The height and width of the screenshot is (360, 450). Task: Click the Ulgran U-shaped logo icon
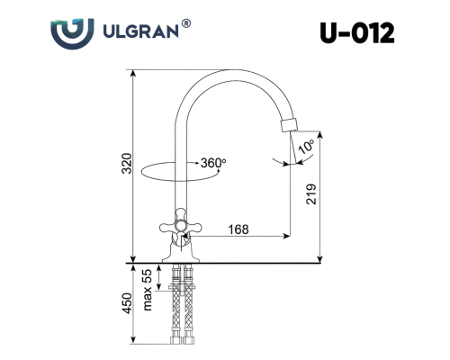coord(72,33)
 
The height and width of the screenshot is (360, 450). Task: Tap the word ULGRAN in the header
coord(140,31)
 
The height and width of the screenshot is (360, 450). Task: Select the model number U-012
coord(356,33)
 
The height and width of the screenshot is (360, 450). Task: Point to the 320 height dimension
coord(128,163)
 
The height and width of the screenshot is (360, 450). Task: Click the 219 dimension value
coord(311,194)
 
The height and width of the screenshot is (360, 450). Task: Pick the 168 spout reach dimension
coord(238,229)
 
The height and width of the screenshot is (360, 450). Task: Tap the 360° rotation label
coord(213,163)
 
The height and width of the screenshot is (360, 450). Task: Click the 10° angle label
coord(306,147)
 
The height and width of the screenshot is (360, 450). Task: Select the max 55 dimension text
coord(148,290)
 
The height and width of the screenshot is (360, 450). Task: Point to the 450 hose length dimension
coord(128,303)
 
